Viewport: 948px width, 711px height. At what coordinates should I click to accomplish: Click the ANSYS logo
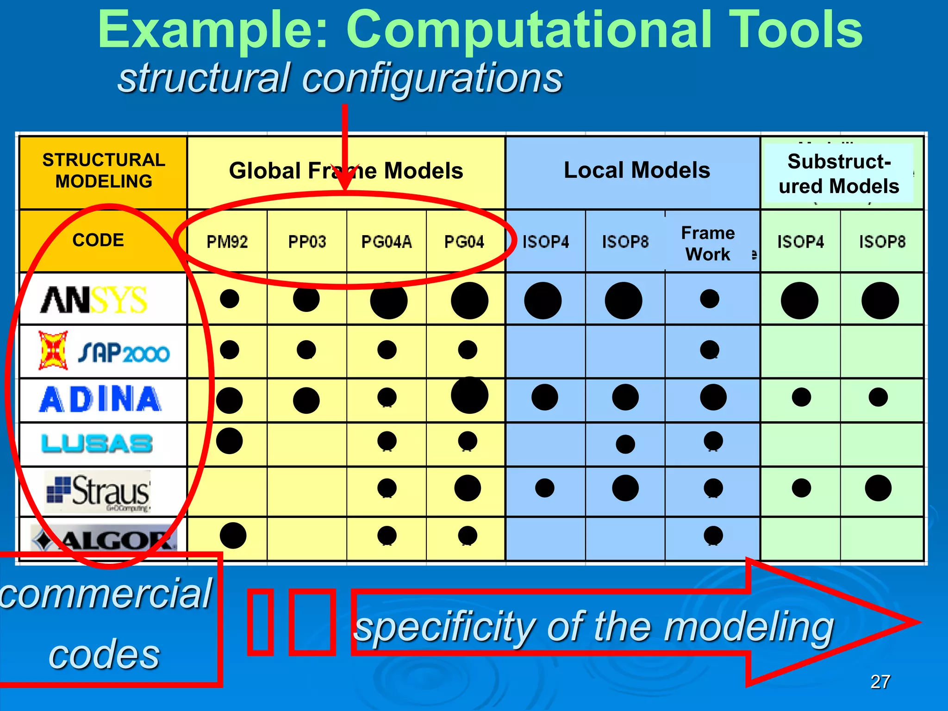tap(94, 299)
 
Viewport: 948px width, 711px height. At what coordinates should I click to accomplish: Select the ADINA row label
tap(100, 399)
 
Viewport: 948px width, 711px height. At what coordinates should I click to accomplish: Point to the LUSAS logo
tap(97, 443)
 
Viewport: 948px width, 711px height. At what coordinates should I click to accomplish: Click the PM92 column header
tap(227, 242)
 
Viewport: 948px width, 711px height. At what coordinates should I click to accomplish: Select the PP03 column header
tap(307, 242)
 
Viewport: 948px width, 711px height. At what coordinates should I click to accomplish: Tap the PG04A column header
tap(387, 242)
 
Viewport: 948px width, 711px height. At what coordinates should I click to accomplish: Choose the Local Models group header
tap(636, 170)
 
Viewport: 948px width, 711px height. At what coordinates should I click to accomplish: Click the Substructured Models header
tap(839, 174)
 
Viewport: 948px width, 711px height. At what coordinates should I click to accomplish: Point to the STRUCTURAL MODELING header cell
tap(104, 170)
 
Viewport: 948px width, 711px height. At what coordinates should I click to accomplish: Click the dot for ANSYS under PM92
tap(230, 299)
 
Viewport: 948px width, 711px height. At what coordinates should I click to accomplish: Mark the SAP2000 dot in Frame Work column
tap(710, 349)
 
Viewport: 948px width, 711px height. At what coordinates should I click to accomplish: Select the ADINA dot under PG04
tap(469, 395)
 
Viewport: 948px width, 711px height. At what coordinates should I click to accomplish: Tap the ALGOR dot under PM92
tap(233, 536)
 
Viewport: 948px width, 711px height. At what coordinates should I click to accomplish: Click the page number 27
tap(880, 681)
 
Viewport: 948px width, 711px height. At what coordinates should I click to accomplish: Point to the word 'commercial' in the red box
tap(106, 594)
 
